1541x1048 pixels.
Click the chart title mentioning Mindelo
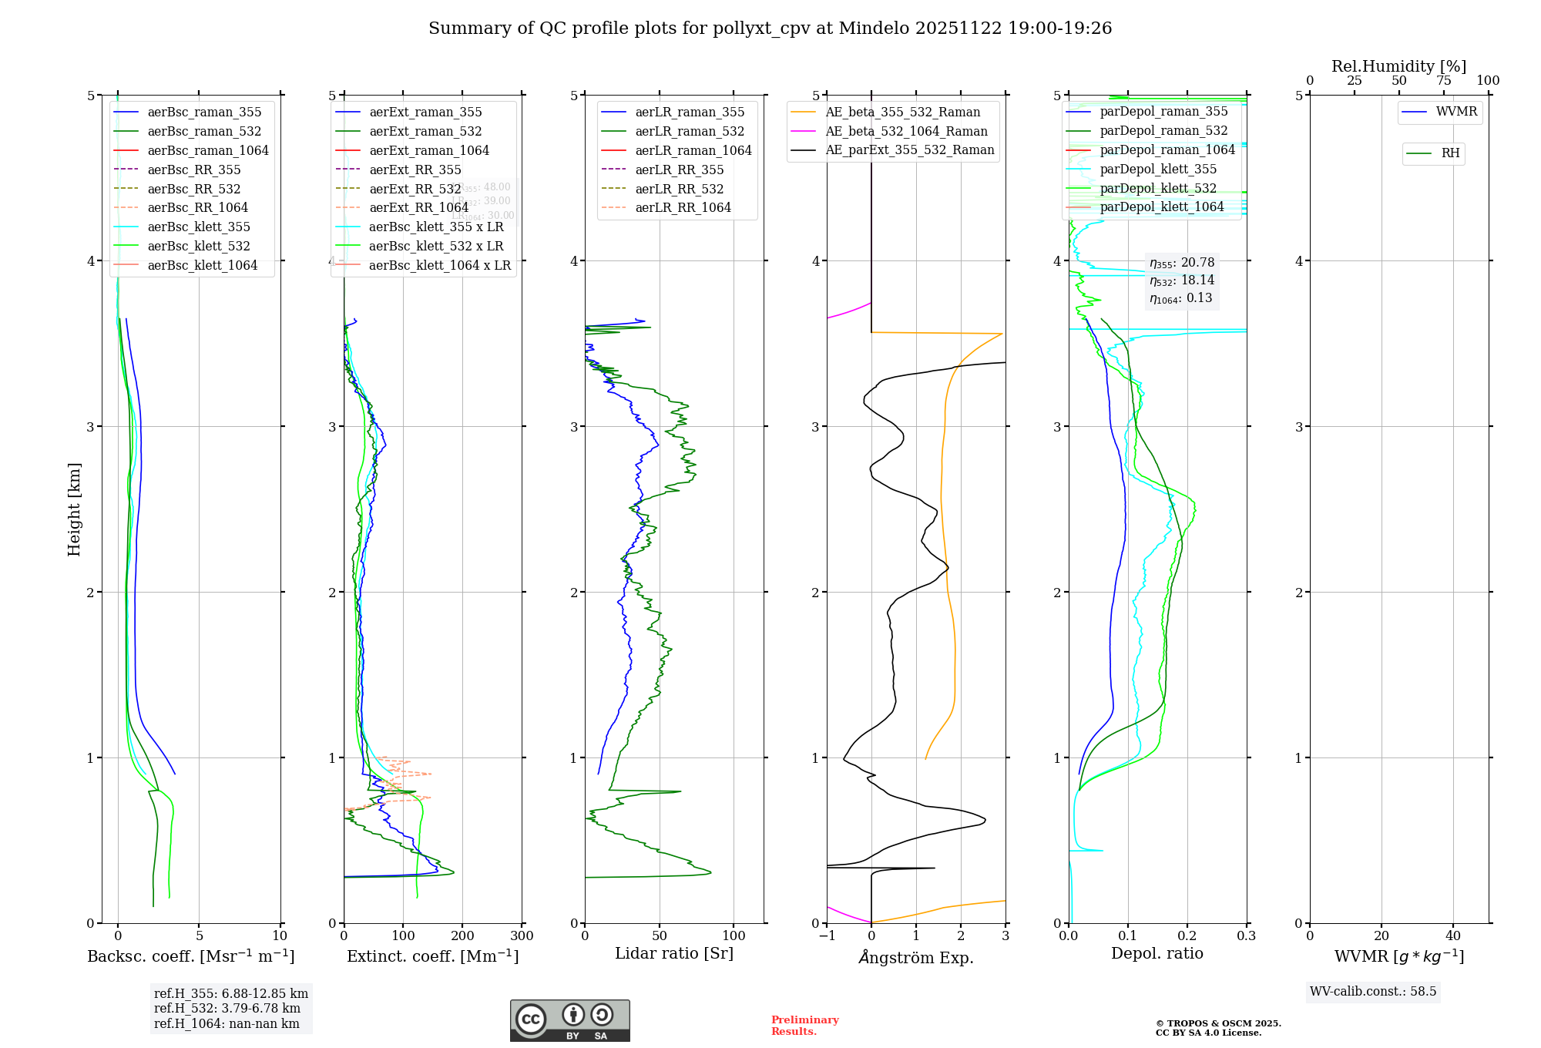(x=770, y=29)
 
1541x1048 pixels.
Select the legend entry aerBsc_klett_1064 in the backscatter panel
(x=202, y=265)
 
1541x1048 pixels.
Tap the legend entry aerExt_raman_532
(x=425, y=132)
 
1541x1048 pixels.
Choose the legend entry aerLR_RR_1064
(x=683, y=207)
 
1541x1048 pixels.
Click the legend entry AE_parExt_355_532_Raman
(x=909, y=150)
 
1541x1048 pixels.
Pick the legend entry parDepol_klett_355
(x=1158, y=169)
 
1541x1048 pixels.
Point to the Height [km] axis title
(x=74, y=509)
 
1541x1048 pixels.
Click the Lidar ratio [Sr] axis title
(x=674, y=954)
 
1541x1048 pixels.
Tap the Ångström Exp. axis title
(x=916, y=957)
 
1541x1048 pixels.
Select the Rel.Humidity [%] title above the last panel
(x=1398, y=66)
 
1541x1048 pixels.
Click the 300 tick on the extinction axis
(x=522, y=936)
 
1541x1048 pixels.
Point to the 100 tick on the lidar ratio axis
(x=734, y=936)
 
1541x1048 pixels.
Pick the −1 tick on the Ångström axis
(x=827, y=936)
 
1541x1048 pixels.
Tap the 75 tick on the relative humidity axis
(x=1443, y=81)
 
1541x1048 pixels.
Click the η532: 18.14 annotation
(x=1182, y=280)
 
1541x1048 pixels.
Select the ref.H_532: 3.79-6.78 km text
(x=227, y=1008)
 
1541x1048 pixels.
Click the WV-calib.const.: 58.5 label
(x=1373, y=991)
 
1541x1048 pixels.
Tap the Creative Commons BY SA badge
(x=569, y=1020)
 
